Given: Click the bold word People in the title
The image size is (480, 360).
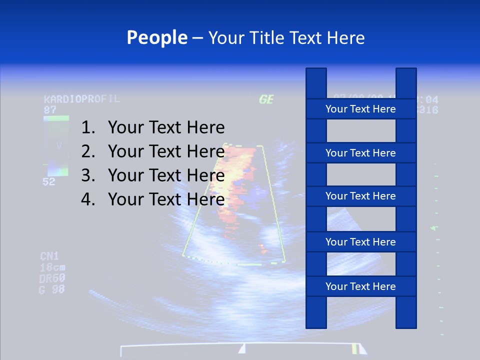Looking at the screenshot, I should [x=156, y=37].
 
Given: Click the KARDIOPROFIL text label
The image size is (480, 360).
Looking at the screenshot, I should [x=82, y=99].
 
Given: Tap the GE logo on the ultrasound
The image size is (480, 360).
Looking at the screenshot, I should [x=266, y=99].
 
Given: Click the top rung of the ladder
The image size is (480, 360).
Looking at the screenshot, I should [x=360, y=109].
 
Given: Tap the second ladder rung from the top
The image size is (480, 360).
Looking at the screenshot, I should [x=360, y=153].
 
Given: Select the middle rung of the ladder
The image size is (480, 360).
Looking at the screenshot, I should [x=360, y=196].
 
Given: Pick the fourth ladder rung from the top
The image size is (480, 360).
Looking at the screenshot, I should [x=360, y=242].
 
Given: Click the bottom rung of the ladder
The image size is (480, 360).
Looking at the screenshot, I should [x=360, y=286].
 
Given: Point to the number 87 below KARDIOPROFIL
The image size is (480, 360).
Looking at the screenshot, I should [x=50, y=109].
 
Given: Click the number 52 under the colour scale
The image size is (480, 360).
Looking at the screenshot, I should [x=49, y=182].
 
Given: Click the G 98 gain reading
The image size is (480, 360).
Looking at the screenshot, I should [x=52, y=289].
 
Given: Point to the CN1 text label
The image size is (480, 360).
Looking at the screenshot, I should [x=50, y=256].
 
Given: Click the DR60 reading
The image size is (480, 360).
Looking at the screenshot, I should [x=52, y=278].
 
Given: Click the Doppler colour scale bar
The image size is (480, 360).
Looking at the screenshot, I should [x=56, y=146].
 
